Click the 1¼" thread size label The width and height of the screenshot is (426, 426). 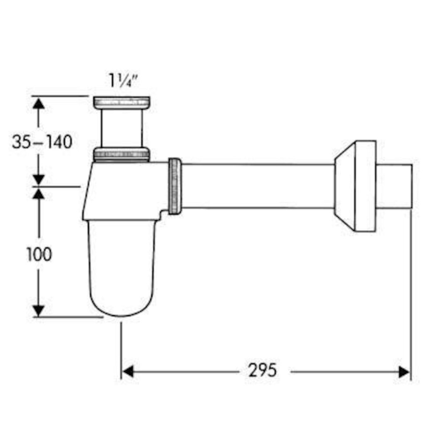click(x=123, y=80)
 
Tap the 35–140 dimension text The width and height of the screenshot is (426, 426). click(x=42, y=141)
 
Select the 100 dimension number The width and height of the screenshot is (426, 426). click(x=39, y=254)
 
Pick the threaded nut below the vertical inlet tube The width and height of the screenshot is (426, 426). click(x=121, y=155)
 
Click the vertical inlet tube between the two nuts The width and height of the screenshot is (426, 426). click(x=121, y=128)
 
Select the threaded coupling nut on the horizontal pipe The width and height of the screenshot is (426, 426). click(x=175, y=186)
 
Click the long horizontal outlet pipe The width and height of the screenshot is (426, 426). click(x=258, y=186)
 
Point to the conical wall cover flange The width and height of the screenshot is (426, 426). click(x=355, y=186)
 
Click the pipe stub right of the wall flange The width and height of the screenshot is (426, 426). click(x=394, y=186)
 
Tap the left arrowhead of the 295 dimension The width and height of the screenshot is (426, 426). click(x=128, y=372)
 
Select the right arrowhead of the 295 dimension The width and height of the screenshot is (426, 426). click(x=404, y=372)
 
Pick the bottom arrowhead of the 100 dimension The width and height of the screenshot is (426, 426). click(x=39, y=311)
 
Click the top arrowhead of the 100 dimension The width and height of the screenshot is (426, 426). click(x=39, y=194)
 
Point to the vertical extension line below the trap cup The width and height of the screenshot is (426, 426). click(x=121, y=350)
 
